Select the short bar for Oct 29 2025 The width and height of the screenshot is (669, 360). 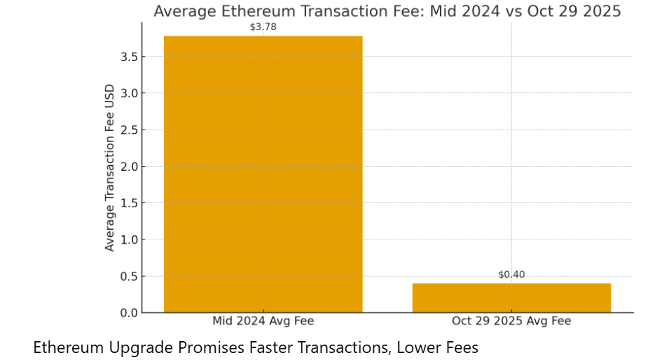pyautogui.click(x=511, y=298)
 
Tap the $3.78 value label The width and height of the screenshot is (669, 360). pyautogui.click(x=263, y=27)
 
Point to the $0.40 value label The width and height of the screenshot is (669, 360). pyautogui.click(x=511, y=275)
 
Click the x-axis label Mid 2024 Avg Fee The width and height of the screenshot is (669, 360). pyautogui.click(x=263, y=321)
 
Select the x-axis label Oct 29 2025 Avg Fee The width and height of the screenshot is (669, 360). pyautogui.click(x=511, y=321)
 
